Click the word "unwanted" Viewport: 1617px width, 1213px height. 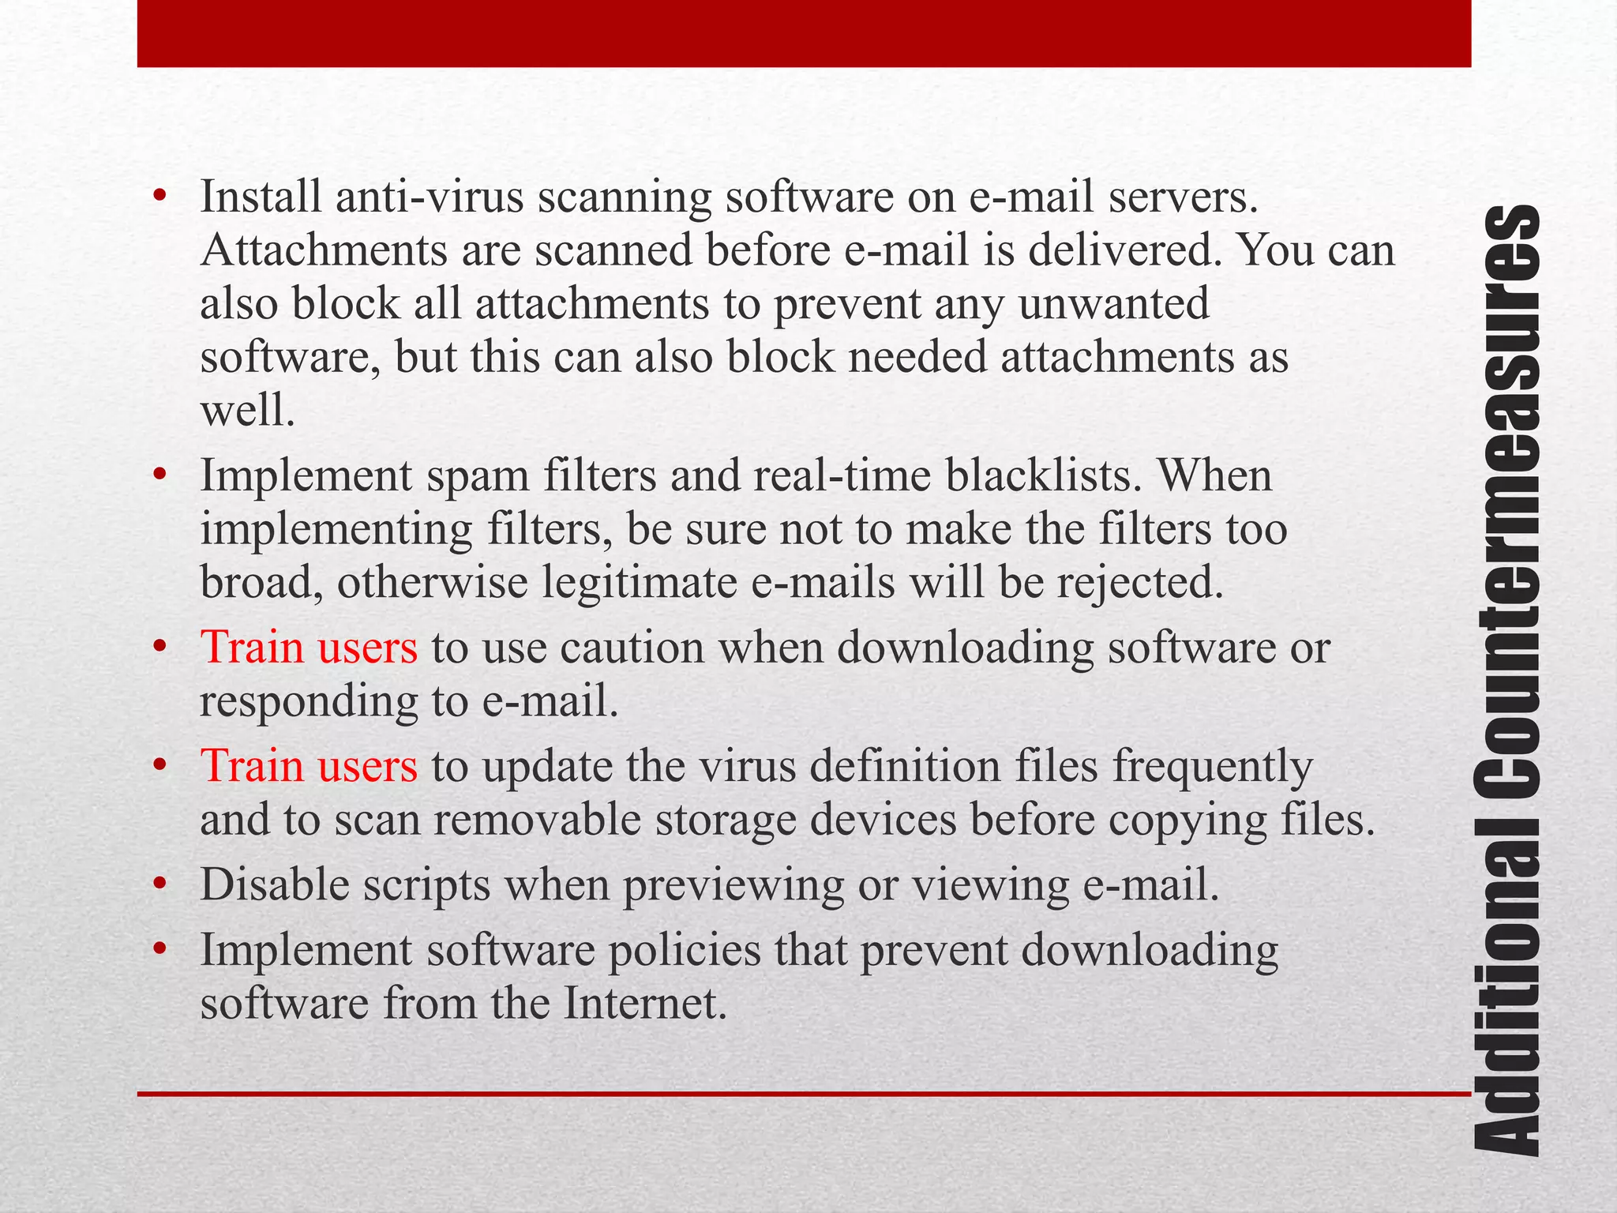(1113, 303)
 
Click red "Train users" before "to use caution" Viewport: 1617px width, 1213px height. (309, 648)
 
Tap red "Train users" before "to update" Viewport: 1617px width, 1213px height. (309, 766)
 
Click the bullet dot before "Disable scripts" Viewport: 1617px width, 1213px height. (160, 884)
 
